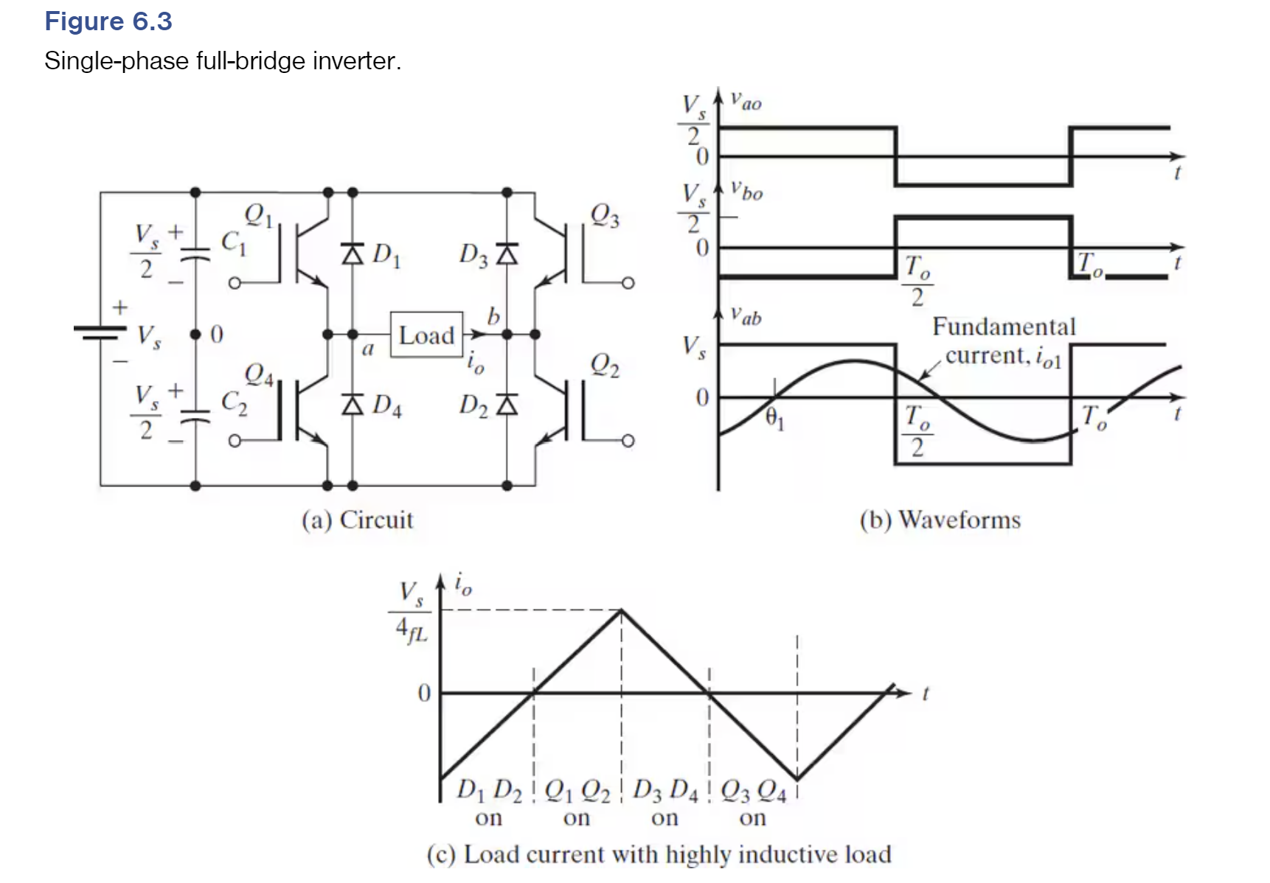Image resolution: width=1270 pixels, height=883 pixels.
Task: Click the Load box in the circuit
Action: pos(426,335)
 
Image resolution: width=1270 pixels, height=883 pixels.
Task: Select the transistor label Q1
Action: pos(259,215)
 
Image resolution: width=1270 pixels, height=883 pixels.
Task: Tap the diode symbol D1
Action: pos(353,254)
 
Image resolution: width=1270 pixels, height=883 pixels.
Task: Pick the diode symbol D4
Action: pos(353,405)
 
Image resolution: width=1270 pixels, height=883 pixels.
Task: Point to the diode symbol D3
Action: pos(507,254)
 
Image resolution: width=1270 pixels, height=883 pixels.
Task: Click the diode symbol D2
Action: pos(507,405)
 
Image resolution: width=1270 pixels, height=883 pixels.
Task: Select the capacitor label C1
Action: pos(233,242)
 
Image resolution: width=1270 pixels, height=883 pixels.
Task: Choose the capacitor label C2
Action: pos(234,402)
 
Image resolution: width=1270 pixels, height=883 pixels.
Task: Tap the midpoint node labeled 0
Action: pos(196,335)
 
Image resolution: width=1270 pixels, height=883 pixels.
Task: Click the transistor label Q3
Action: pos(605,215)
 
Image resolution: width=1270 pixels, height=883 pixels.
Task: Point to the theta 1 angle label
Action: pos(774,418)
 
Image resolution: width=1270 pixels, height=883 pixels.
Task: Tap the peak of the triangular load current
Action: pos(622,610)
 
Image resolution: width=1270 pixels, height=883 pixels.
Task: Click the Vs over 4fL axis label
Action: pos(412,612)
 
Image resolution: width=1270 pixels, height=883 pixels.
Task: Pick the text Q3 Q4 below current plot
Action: pos(753,792)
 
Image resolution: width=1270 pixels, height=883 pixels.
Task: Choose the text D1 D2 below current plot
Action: pos(489,791)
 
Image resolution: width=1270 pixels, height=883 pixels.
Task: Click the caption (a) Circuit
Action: pos(358,520)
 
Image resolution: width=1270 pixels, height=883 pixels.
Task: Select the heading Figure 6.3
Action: pos(108,21)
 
